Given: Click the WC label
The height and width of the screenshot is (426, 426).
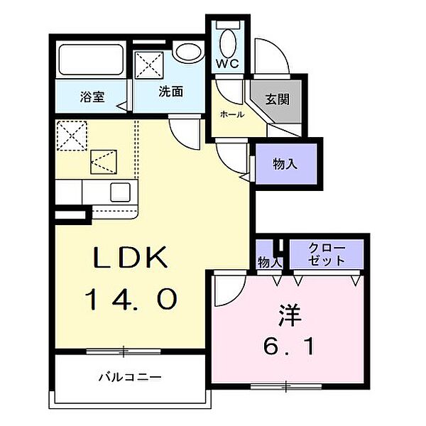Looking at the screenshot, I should pos(226,62).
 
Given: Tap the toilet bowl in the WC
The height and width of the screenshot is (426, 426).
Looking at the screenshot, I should pos(227,38).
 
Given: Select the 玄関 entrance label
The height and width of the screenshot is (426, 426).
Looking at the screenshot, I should pos(278,99).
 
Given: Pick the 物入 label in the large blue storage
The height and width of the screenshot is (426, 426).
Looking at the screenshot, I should pos(285,164).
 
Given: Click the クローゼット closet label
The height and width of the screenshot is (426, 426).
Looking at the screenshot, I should pos(327,254).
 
